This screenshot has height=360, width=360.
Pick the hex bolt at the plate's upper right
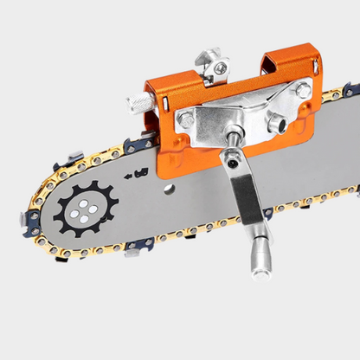303,90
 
